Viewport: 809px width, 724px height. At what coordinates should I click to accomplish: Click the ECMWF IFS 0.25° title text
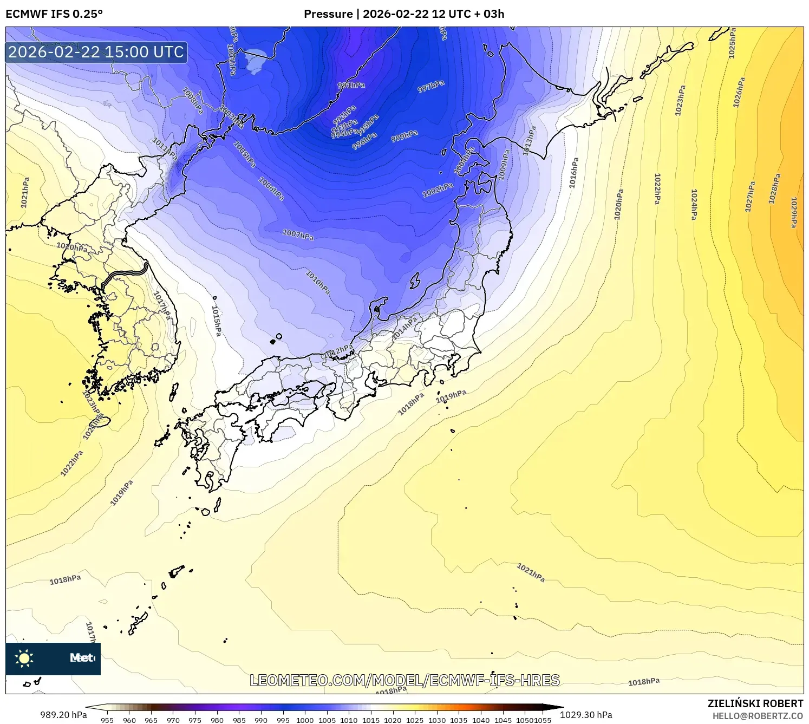54,14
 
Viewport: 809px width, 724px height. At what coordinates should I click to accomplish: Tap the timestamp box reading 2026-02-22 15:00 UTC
96,52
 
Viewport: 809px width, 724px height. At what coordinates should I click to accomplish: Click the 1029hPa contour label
794,212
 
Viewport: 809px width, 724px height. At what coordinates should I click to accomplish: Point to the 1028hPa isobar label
775,188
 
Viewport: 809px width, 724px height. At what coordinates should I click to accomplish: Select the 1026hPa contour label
739,92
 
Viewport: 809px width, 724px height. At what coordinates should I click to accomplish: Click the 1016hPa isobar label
573,173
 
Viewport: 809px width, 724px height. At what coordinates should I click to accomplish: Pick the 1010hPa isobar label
318,282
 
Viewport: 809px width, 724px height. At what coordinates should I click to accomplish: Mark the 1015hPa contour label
216,320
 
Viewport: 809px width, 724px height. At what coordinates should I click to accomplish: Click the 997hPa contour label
431,86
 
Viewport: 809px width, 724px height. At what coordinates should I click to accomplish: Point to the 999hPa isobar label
404,136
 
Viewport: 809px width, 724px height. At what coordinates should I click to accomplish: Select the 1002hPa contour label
438,190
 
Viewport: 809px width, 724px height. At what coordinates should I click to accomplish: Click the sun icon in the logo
24,658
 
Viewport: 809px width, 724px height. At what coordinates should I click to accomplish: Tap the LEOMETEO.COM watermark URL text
404,680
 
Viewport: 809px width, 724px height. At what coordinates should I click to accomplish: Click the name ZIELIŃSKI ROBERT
755,703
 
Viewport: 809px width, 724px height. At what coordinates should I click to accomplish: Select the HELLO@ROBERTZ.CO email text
758,716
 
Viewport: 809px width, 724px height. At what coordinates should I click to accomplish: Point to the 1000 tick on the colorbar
305,720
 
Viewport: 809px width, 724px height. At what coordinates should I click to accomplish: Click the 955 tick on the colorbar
107,720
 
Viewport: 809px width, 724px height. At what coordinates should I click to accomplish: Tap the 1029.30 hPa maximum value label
586,715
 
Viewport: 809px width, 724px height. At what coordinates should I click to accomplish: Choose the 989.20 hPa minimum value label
63,715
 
